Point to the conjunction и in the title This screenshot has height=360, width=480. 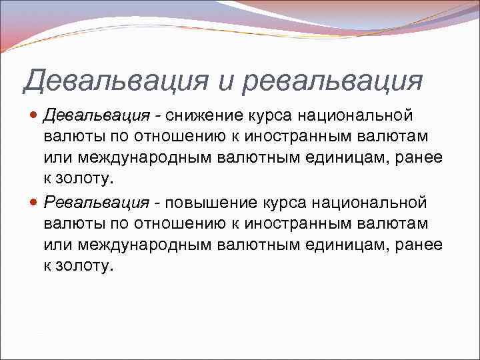227,81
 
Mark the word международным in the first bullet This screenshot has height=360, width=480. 146,159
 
